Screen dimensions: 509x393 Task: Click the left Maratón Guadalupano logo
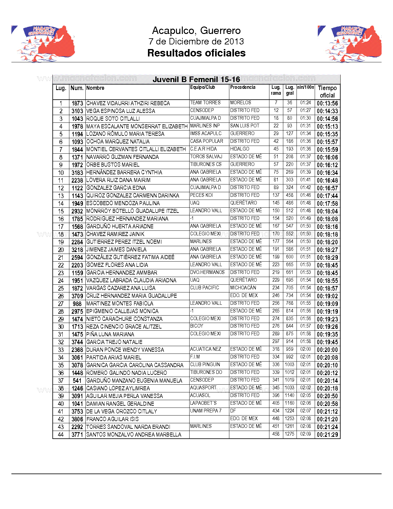[x=43, y=43]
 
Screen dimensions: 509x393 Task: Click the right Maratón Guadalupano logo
[x=350, y=43]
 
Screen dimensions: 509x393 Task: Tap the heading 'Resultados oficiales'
[x=196, y=53]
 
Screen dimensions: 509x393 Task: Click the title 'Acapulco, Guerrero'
[x=196, y=31]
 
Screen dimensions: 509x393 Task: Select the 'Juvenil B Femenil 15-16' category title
[x=196, y=80]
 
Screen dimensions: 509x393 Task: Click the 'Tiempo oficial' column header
[x=327, y=92]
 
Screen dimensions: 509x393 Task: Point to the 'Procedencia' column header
[x=243, y=87]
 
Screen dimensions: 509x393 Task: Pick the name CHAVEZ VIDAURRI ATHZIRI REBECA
[x=128, y=103]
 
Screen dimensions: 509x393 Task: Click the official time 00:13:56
[x=327, y=103]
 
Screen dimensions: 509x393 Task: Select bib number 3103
[x=77, y=111]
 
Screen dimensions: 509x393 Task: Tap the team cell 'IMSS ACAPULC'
[x=206, y=134]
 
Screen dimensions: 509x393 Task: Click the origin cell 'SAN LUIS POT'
[x=245, y=126]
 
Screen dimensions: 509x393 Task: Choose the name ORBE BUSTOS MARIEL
[x=113, y=165]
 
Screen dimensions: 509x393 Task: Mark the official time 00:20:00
[x=327, y=350]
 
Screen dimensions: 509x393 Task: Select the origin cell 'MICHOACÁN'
[x=243, y=288]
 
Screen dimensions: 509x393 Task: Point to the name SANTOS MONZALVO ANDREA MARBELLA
[x=134, y=435]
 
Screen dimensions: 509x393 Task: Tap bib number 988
[x=77, y=304]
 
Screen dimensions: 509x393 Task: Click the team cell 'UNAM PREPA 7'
[x=206, y=411]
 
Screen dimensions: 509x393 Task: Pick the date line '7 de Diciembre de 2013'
[x=196, y=41]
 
